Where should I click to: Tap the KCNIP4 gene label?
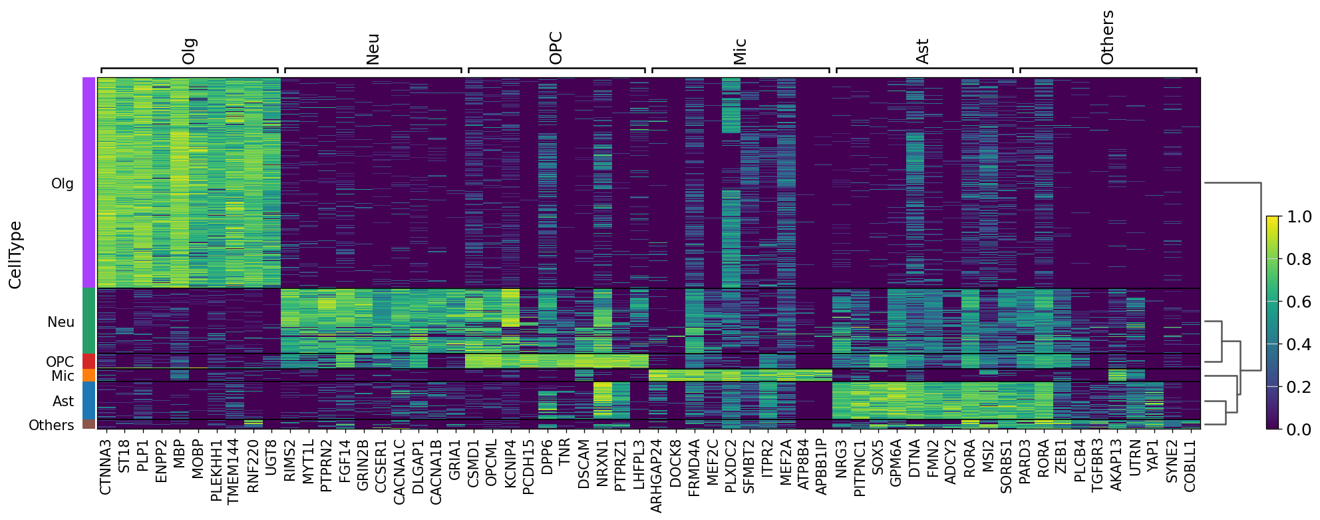point(510,463)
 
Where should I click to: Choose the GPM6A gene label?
point(896,463)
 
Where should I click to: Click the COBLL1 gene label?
point(1190,465)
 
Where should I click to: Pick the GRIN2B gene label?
point(363,464)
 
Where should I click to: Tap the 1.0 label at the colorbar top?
point(1299,216)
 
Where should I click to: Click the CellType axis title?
point(15,255)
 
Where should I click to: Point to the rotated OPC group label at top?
point(556,48)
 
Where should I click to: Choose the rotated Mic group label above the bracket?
point(740,51)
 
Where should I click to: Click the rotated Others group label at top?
point(1107,37)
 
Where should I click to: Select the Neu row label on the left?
point(61,322)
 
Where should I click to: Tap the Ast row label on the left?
point(63,401)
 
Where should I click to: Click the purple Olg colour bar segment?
point(89,182)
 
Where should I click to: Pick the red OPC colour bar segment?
point(89,362)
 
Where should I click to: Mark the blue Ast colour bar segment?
point(89,400)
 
